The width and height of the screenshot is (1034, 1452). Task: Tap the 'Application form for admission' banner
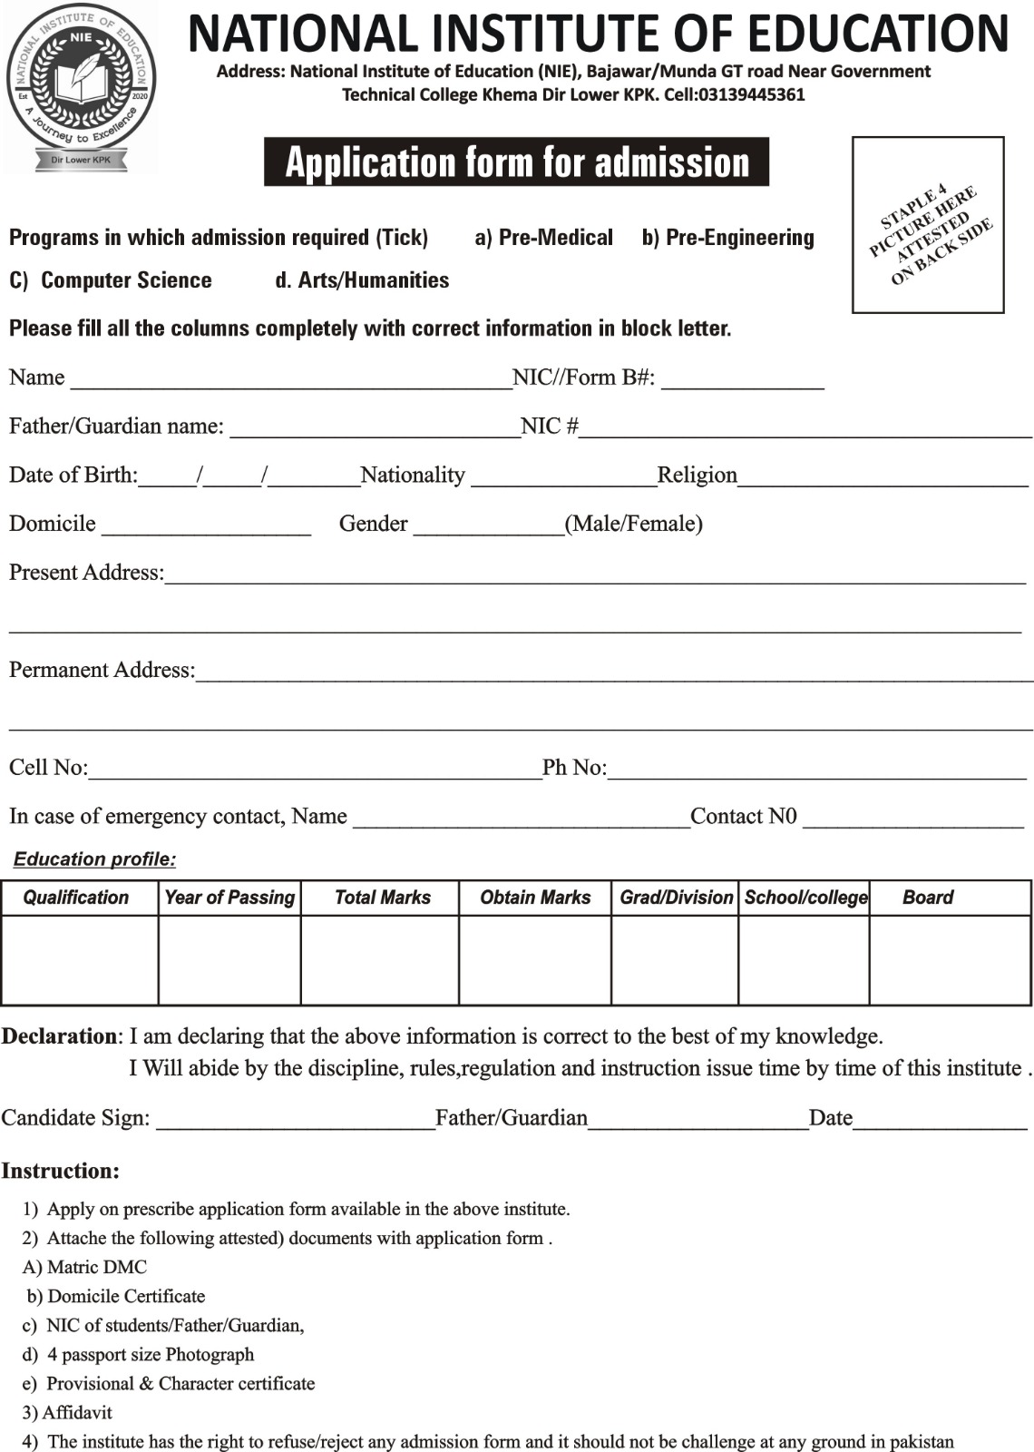[516, 162]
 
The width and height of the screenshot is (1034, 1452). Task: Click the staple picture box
[928, 225]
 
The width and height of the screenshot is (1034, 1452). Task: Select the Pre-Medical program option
[544, 238]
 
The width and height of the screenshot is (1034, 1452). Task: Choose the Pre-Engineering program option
[728, 238]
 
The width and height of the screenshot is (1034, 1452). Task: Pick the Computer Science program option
[111, 280]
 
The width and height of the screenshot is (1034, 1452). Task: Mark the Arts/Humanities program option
[362, 280]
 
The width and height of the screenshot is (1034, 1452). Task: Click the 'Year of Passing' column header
[229, 898]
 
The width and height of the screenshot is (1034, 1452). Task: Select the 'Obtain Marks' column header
[535, 898]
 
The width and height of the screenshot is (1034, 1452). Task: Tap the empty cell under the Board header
[950, 959]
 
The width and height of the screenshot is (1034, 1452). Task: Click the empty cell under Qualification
[80, 959]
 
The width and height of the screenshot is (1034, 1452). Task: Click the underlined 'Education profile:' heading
[94, 859]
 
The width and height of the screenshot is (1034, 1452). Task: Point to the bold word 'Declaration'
[59, 1036]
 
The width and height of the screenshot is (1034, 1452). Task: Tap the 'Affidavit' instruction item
[77, 1412]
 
